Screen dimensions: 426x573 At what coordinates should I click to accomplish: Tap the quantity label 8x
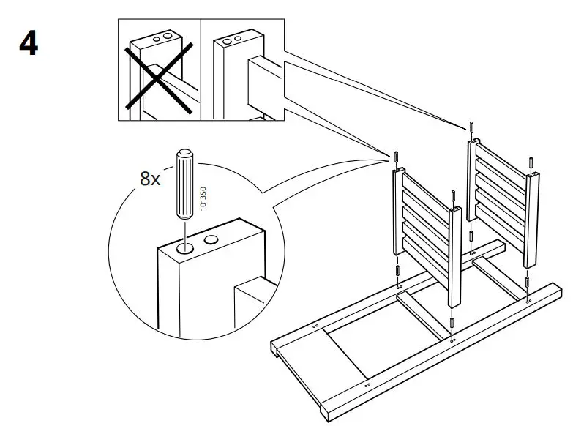149,179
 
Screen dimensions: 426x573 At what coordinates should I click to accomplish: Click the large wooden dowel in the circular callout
184,184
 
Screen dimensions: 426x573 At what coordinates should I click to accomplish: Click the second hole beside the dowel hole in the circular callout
212,239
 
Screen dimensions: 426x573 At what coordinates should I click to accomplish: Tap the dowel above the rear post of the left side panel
396,157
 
